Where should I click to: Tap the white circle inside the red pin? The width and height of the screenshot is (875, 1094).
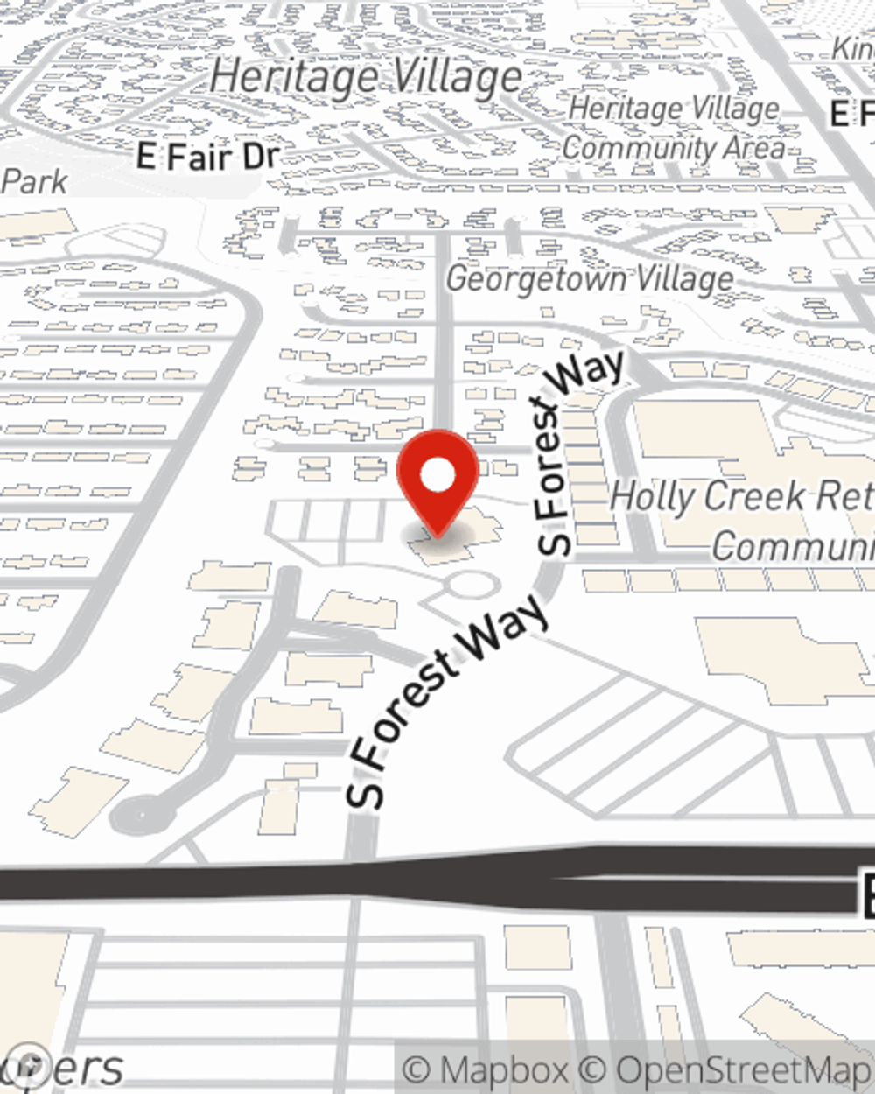[437, 476]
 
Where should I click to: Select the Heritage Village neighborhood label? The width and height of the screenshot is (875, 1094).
[366, 78]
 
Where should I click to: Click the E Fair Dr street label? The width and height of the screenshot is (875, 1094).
[208, 157]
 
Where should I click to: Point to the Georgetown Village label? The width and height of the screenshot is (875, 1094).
[590, 279]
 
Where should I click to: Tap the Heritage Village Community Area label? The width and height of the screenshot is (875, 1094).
[673, 129]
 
